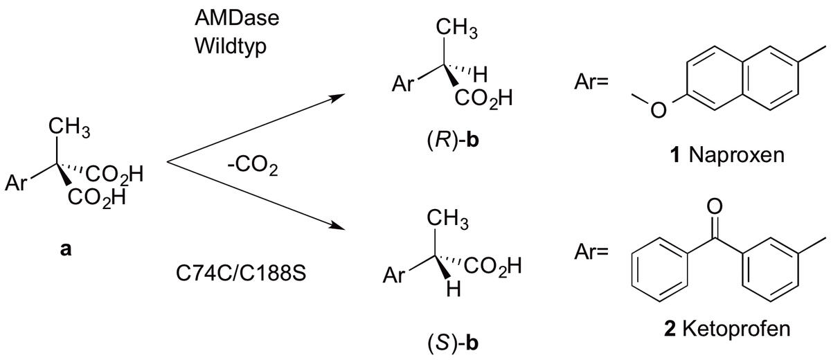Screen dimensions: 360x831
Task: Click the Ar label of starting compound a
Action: point(17,184)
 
